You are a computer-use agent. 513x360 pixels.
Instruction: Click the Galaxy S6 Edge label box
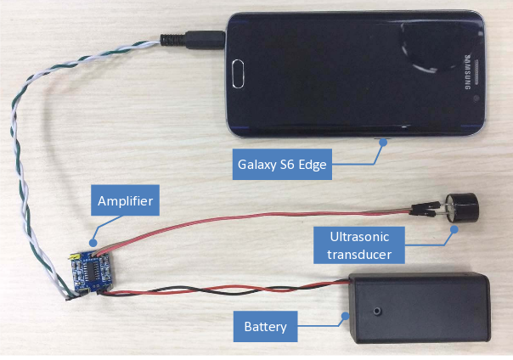[282, 164]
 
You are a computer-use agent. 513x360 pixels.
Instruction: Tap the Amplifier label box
[125, 200]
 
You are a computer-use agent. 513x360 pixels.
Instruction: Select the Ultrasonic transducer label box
[359, 245]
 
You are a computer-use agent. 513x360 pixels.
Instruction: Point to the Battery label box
[265, 326]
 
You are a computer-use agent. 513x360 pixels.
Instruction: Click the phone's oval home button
[238, 74]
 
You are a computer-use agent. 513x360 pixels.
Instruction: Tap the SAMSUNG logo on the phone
[467, 72]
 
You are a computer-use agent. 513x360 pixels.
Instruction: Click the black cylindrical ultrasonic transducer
[462, 208]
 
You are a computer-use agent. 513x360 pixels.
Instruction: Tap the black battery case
[420, 307]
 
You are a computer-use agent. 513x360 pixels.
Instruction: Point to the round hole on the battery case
[378, 311]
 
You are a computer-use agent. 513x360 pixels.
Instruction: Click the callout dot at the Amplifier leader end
[93, 243]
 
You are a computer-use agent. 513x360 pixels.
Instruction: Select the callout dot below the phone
[383, 143]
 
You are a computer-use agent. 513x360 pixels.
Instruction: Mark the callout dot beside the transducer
[454, 229]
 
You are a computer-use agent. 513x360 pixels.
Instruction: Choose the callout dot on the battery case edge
[345, 316]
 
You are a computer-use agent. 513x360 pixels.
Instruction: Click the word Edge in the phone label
[313, 165]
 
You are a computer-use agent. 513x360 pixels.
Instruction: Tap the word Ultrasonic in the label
[359, 237]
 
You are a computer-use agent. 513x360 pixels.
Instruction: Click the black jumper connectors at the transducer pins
[424, 209]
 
